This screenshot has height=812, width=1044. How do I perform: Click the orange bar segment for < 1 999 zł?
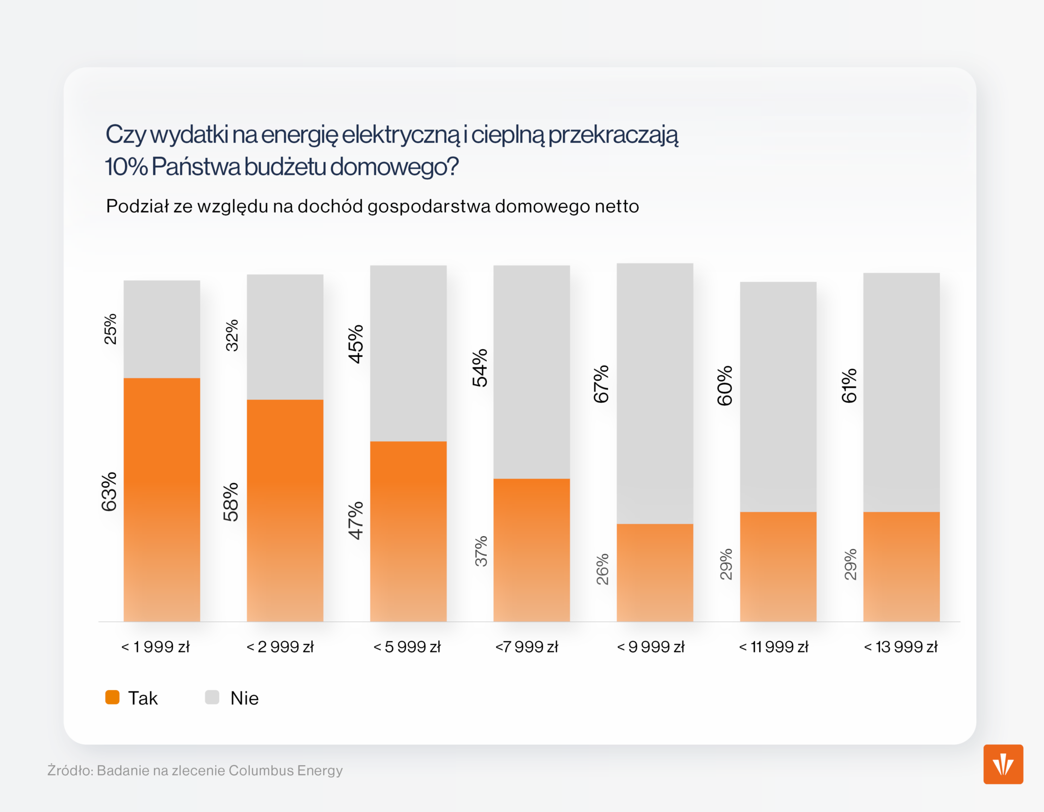pos(162,500)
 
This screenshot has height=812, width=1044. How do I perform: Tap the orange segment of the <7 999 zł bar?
pos(531,550)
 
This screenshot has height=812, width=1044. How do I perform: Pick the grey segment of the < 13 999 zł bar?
pos(901,392)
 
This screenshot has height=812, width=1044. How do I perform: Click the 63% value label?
pos(109,491)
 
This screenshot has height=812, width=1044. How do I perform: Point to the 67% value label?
pos(602,384)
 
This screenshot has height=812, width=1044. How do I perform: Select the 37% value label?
pos(481,551)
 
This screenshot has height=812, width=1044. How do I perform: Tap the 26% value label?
pos(603,569)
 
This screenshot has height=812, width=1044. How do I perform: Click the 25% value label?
pos(110,329)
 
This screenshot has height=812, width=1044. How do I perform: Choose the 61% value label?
pos(849,386)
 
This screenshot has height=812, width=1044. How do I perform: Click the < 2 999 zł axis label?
pos(280,647)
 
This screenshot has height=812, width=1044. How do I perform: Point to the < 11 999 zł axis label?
pos(773,647)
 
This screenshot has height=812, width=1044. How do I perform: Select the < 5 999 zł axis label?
pos(407,647)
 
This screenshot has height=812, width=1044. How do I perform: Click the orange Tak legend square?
pos(112,697)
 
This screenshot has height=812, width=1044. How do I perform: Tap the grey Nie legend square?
pos(212,697)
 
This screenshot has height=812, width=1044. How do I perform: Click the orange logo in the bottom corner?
pos(1003,764)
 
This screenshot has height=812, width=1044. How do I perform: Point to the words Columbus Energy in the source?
pos(285,770)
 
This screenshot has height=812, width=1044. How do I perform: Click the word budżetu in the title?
pos(285,167)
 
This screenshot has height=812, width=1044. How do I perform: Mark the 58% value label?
pos(231,502)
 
